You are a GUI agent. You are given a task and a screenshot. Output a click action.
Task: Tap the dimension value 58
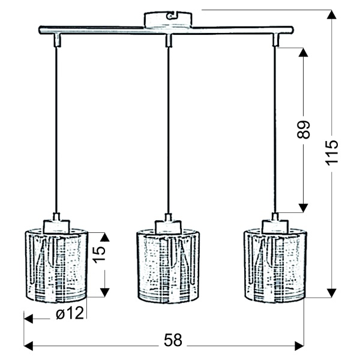tap(172, 340)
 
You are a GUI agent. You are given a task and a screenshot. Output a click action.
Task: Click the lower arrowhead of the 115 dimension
tap(331, 293)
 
